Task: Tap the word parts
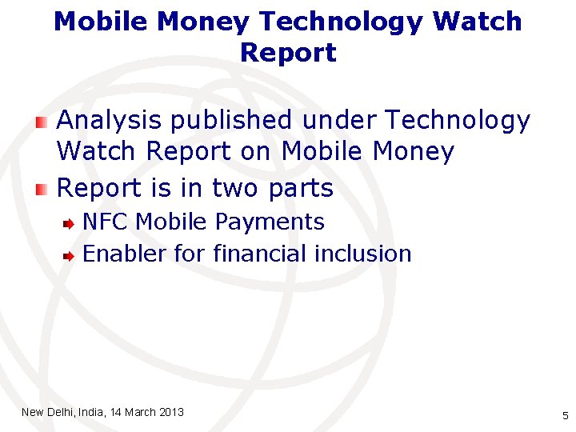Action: (300, 190)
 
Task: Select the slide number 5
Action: (565, 415)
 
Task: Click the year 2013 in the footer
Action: (171, 412)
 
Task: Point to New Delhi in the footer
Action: (47, 412)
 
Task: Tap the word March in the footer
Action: (141, 412)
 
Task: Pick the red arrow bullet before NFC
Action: (70, 223)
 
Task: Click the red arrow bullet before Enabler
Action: (70, 256)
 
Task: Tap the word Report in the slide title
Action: (288, 53)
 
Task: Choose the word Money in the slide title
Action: (203, 22)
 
